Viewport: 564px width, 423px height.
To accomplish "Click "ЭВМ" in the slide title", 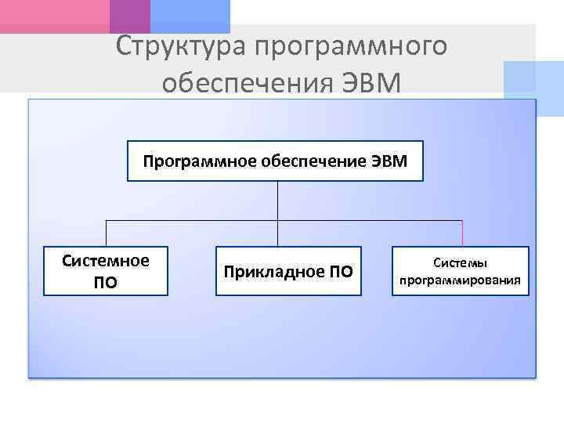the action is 373,81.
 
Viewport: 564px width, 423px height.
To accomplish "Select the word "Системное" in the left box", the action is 106,260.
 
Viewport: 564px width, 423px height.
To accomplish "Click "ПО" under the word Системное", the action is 106,282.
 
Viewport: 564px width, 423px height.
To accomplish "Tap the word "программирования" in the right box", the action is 461,280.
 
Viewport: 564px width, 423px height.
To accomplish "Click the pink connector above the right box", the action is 462,233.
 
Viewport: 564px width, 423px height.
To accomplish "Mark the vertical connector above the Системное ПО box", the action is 106,233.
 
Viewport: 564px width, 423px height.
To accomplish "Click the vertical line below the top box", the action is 277,201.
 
